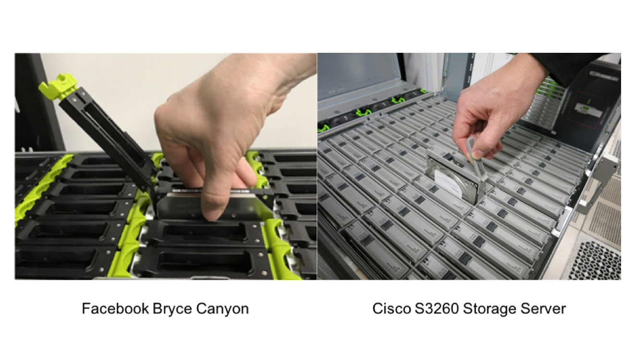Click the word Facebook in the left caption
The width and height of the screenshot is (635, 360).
coord(115,309)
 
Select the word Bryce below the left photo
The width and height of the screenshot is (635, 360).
coord(171,309)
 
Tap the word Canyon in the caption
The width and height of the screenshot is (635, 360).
coord(222,309)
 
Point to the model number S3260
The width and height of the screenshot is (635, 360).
coord(437,309)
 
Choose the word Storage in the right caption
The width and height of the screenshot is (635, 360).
coord(491,309)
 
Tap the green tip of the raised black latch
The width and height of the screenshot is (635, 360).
coord(58,86)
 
